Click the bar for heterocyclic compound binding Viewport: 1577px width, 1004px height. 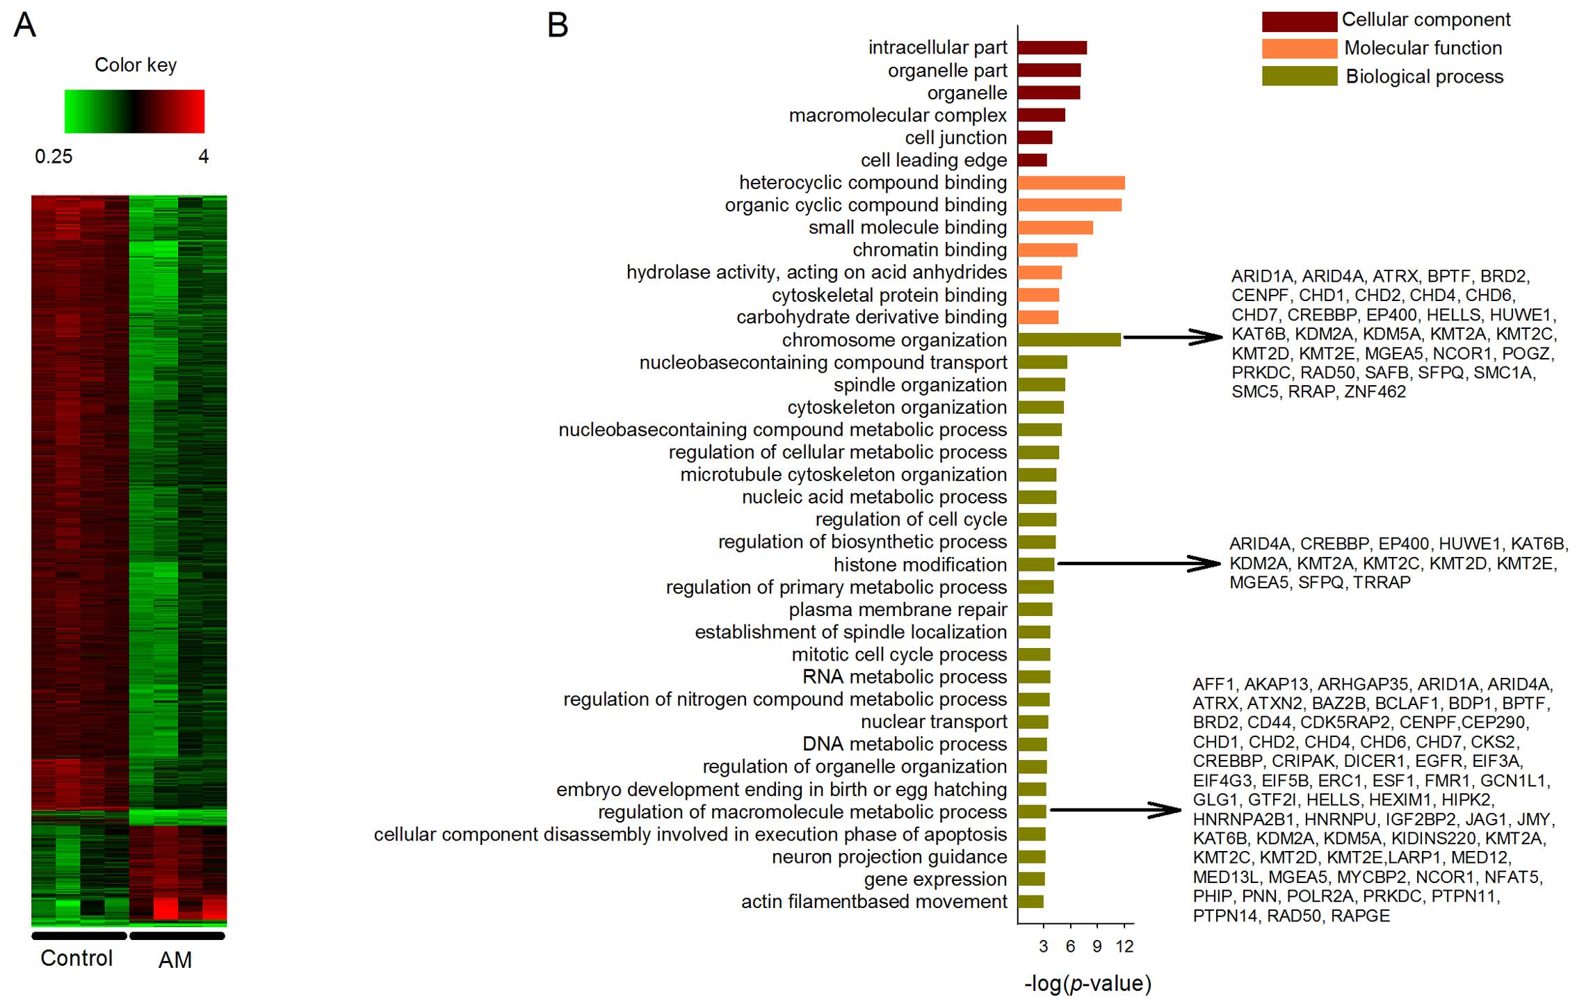(x=1071, y=183)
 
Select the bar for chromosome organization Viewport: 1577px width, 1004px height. (x=1069, y=340)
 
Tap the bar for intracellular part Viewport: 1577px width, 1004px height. (x=1052, y=48)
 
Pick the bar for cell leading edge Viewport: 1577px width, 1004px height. (x=1032, y=161)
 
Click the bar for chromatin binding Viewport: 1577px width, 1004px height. (x=1047, y=250)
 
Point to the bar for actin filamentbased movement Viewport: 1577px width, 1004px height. (x=1030, y=902)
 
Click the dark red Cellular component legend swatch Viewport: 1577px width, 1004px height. (x=1299, y=22)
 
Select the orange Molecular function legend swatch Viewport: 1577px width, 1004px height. (x=1299, y=49)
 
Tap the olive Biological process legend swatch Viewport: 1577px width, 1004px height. (x=1299, y=76)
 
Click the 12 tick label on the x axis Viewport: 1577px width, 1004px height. (x=1124, y=946)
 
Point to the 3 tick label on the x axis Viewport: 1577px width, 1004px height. (x=1043, y=946)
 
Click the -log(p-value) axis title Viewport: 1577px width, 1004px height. (x=1087, y=984)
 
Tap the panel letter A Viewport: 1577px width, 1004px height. (x=25, y=26)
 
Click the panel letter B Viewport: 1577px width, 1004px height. (x=558, y=26)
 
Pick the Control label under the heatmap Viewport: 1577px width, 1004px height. (x=76, y=958)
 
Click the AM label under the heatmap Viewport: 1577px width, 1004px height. (x=175, y=960)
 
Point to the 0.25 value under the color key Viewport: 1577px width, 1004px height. (x=54, y=156)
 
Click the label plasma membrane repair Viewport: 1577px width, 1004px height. (x=898, y=610)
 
